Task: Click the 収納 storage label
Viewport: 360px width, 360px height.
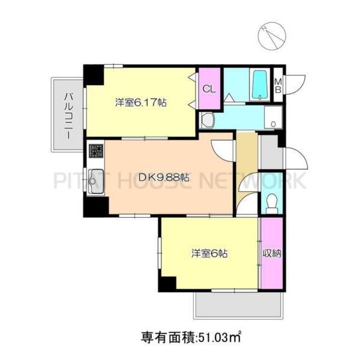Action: [x=271, y=253]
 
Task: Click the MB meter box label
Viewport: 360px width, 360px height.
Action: [x=279, y=85]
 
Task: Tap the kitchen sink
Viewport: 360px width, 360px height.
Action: [x=94, y=181]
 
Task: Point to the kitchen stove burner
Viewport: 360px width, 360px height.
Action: [x=95, y=150]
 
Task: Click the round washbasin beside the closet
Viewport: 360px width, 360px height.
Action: [x=207, y=121]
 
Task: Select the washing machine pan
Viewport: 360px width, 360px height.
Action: [x=273, y=118]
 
